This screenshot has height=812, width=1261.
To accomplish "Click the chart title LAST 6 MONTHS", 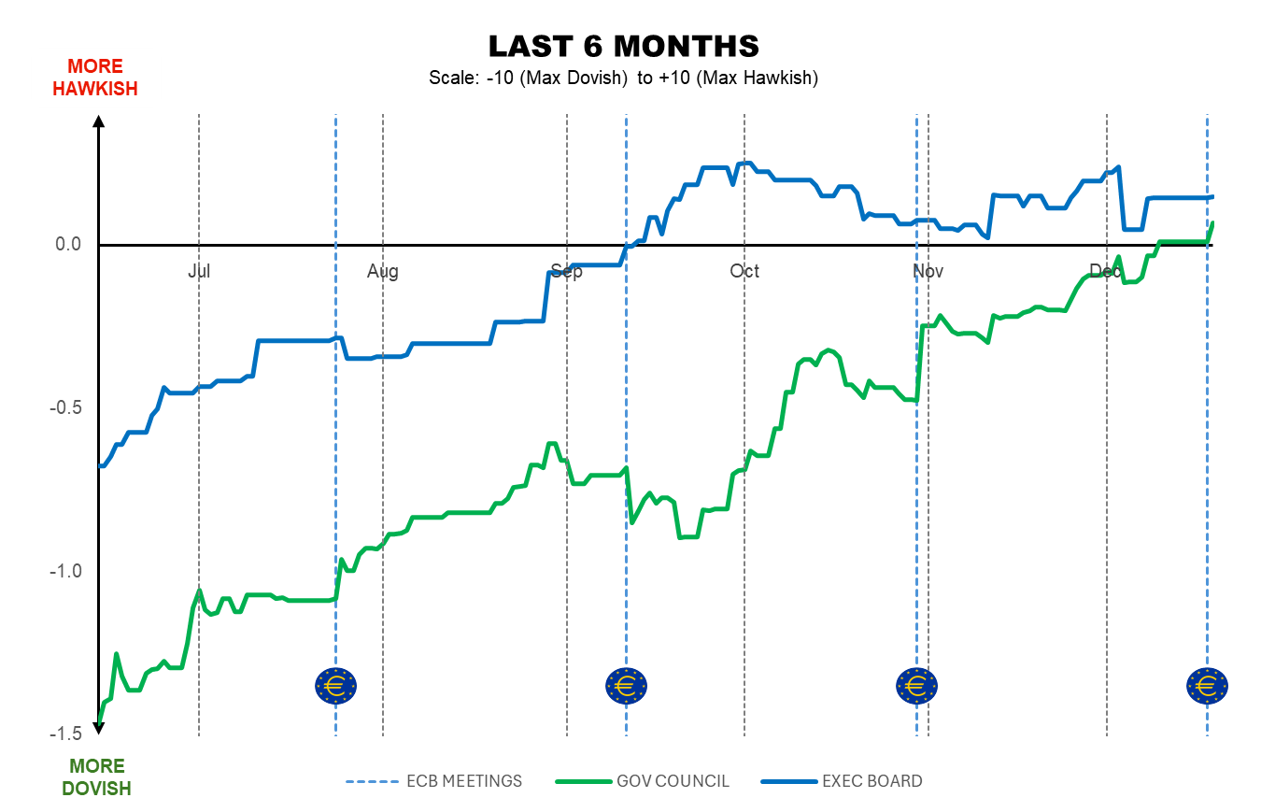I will coord(623,46).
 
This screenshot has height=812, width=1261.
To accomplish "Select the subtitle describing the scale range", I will coord(623,78).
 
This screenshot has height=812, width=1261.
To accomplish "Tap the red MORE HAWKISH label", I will coord(95,78).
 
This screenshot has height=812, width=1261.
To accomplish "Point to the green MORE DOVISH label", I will coord(96,777).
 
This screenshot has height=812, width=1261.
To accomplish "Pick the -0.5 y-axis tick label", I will coord(66,408).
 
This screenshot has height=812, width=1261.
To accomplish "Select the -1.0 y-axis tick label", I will coord(66,572).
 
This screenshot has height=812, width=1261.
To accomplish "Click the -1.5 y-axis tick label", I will coord(66,734).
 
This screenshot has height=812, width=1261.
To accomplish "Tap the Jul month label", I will coord(199,271).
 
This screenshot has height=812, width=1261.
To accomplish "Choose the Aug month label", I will coord(382,271).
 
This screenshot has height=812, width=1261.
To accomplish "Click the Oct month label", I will coord(744,271).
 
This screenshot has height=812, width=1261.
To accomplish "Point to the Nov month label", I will coord(928,271).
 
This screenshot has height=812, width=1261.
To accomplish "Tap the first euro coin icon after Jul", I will coord(335,687).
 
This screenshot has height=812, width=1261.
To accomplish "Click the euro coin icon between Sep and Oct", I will coord(626,687).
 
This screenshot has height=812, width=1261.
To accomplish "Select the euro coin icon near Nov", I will coord(916,687).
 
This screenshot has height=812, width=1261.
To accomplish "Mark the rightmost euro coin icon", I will coord(1207,687).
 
